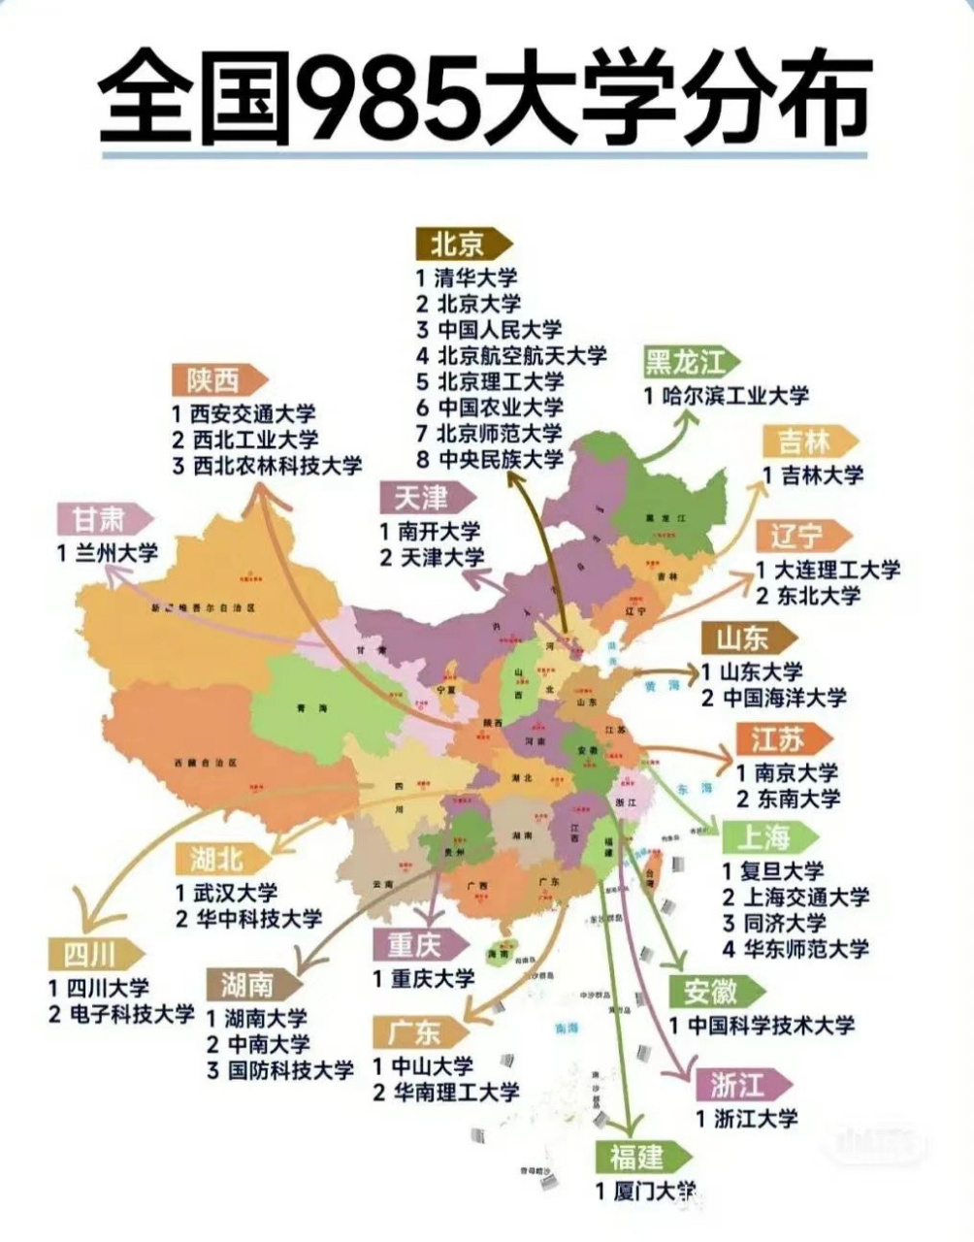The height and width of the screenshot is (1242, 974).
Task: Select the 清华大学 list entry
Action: point(470,277)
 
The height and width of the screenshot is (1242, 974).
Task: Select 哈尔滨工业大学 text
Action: point(728,396)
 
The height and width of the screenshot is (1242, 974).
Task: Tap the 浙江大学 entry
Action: point(747,1118)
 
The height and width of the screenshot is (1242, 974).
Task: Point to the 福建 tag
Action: point(639,1157)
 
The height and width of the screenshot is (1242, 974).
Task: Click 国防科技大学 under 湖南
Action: point(280,1070)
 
